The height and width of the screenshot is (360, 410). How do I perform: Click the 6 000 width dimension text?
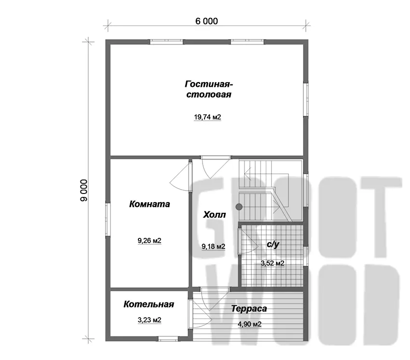[x=206, y=21]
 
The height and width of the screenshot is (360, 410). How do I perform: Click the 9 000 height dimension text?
[x=84, y=190]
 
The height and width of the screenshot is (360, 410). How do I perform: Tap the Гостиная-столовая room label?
[x=209, y=89]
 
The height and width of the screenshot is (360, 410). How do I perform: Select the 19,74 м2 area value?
[x=207, y=117]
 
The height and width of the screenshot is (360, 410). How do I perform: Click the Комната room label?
[x=150, y=204]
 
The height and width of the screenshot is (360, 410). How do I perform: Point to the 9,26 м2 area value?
[x=150, y=240]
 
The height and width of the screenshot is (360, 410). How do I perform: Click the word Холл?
[x=215, y=215]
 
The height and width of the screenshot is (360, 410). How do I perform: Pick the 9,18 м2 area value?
[x=213, y=247]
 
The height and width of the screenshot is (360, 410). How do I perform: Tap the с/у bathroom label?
[x=273, y=244]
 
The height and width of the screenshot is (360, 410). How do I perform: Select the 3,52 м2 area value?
[x=273, y=263]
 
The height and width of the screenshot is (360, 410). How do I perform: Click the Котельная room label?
[x=149, y=305]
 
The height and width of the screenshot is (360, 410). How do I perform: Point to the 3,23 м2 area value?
[x=150, y=320]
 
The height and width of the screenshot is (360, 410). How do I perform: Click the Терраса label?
[x=249, y=309]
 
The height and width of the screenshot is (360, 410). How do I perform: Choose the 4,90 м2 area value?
[x=249, y=324]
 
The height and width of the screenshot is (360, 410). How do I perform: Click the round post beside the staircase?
[x=239, y=207]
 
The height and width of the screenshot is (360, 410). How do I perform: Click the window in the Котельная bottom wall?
[x=168, y=339]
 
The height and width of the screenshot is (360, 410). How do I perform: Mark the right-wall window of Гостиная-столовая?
[x=306, y=100]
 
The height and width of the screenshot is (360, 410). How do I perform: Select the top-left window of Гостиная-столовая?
[x=166, y=42]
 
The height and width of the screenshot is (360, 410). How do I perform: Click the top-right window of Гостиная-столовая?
[x=247, y=42]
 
